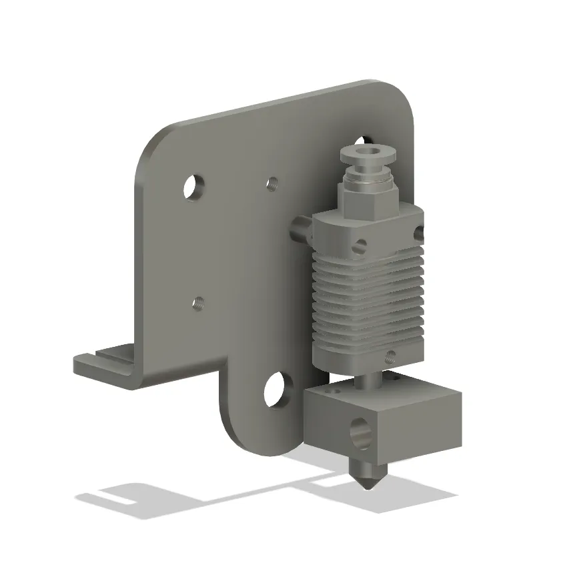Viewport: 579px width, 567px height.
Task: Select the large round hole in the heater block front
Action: [x=362, y=432]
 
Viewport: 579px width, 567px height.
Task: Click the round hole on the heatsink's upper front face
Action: [x=361, y=246]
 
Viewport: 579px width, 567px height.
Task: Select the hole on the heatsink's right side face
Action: [x=419, y=233]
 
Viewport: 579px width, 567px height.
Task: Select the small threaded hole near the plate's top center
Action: [x=271, y=182]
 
